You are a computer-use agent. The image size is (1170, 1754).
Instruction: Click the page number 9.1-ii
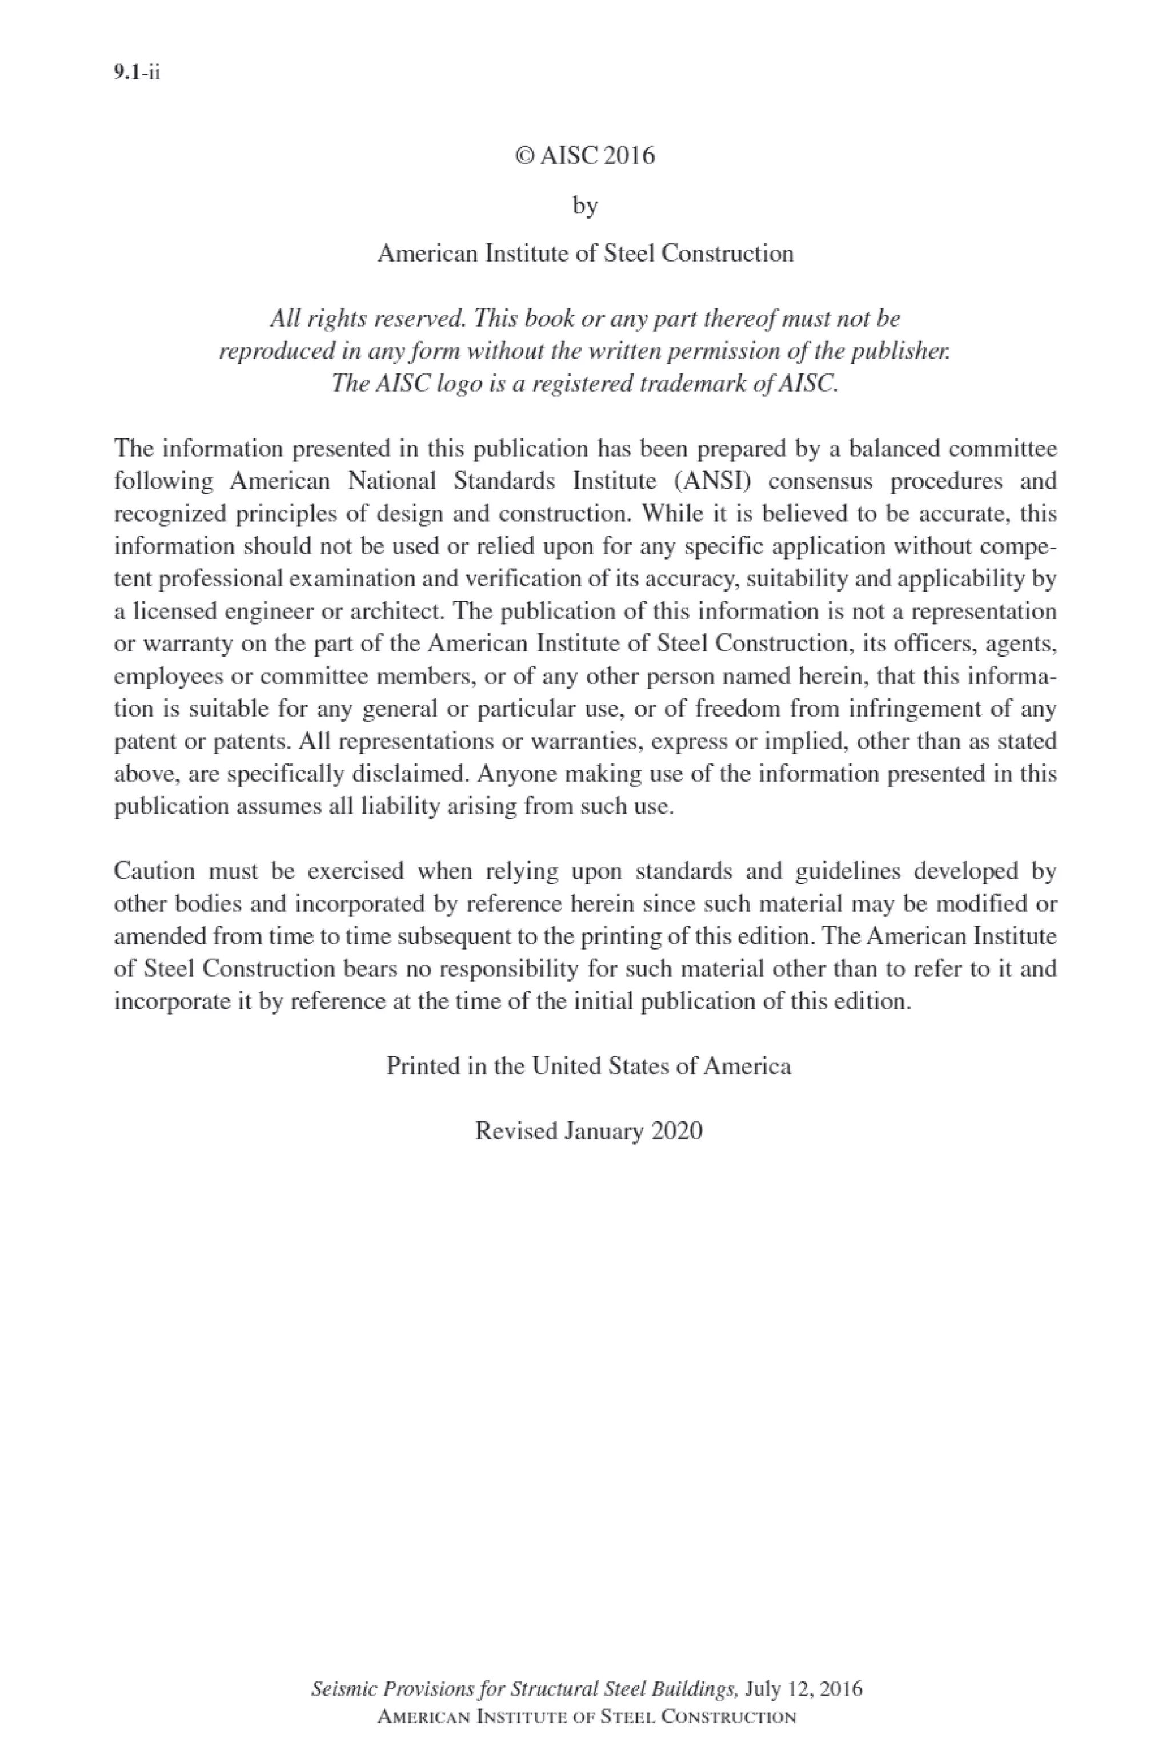[x=137, y=73]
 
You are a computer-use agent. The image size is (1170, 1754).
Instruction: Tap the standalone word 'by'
[x=585, y=205]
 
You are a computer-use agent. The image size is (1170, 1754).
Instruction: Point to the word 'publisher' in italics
[x=900, y=351]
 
